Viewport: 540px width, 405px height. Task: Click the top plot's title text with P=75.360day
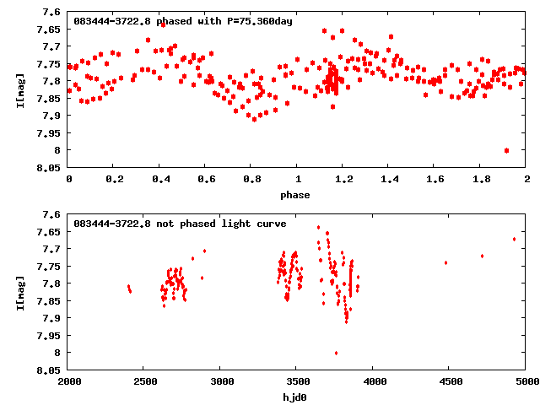[183, 21]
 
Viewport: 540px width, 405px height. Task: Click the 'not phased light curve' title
[180, 224]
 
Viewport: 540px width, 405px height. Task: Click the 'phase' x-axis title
[295, 195]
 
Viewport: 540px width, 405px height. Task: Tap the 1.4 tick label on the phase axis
[389, 180]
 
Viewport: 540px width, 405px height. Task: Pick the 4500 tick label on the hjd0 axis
[450, 382]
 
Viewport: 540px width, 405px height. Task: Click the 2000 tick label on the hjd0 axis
[69, 382]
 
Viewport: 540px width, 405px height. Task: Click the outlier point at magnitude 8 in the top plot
[506, 150]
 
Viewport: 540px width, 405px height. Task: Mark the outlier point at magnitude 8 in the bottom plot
[336, 353]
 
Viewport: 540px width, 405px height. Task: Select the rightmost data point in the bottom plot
[514, 239]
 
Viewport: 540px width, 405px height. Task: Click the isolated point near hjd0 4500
[445, 262]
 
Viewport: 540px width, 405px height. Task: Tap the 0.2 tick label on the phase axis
[114, 180]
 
